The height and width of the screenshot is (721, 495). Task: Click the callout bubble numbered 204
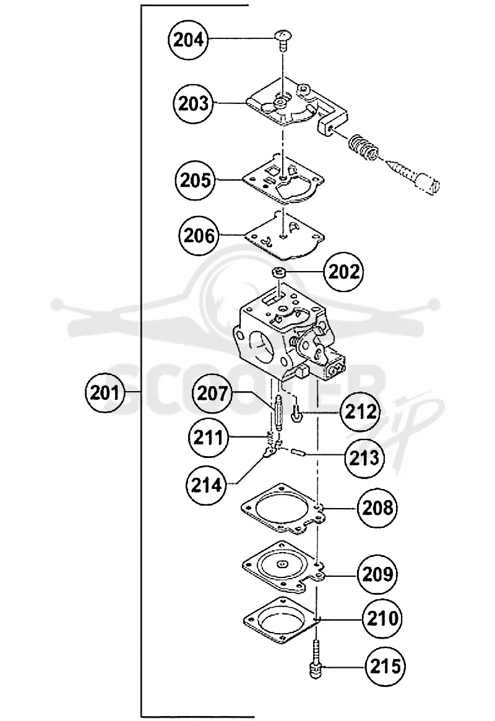coord(189,40)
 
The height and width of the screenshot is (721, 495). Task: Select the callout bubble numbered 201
coord(105,393)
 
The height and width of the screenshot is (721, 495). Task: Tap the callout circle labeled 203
coord(194,103)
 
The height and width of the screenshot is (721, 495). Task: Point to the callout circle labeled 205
coord(196,180)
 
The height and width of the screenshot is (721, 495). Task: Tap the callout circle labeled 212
coord(360,412)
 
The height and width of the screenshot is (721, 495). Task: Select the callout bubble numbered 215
coord(385,666)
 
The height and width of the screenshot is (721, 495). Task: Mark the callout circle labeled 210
coord(382,618)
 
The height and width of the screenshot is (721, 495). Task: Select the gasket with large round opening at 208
coord(283,509)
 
